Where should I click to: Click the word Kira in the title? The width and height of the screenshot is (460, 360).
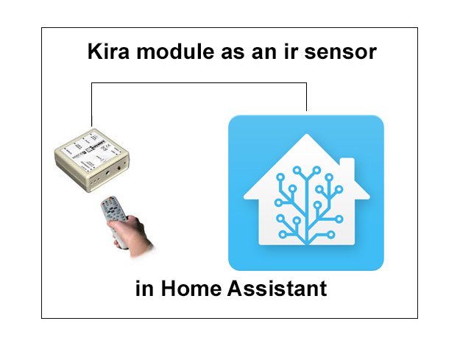click(x=107, y=53)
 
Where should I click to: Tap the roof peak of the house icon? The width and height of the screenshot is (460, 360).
click(x=306, y=138)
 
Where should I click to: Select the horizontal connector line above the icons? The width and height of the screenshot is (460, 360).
click(x=199, y=83)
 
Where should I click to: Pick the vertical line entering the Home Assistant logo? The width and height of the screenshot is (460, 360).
click(x=306, y=99)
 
